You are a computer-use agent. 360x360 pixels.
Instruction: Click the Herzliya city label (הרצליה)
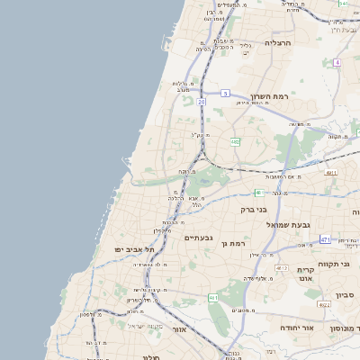[279, 42]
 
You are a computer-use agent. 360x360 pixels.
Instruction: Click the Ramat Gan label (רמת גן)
[233, 243]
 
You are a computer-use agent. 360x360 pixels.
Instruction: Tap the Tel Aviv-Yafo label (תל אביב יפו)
[134, 248]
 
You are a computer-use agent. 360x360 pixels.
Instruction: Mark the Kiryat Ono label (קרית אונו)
[306, 274]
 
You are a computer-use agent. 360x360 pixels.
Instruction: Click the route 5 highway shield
[224, 93]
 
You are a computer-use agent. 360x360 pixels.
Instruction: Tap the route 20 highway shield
[202, 103]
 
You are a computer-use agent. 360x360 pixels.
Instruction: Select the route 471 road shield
[325, 239]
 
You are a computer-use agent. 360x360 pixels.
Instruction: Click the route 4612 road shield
[282, 268]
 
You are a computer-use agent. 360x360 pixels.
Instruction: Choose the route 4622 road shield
[324, 305]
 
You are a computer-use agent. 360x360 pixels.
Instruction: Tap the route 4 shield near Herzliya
[337, 62]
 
